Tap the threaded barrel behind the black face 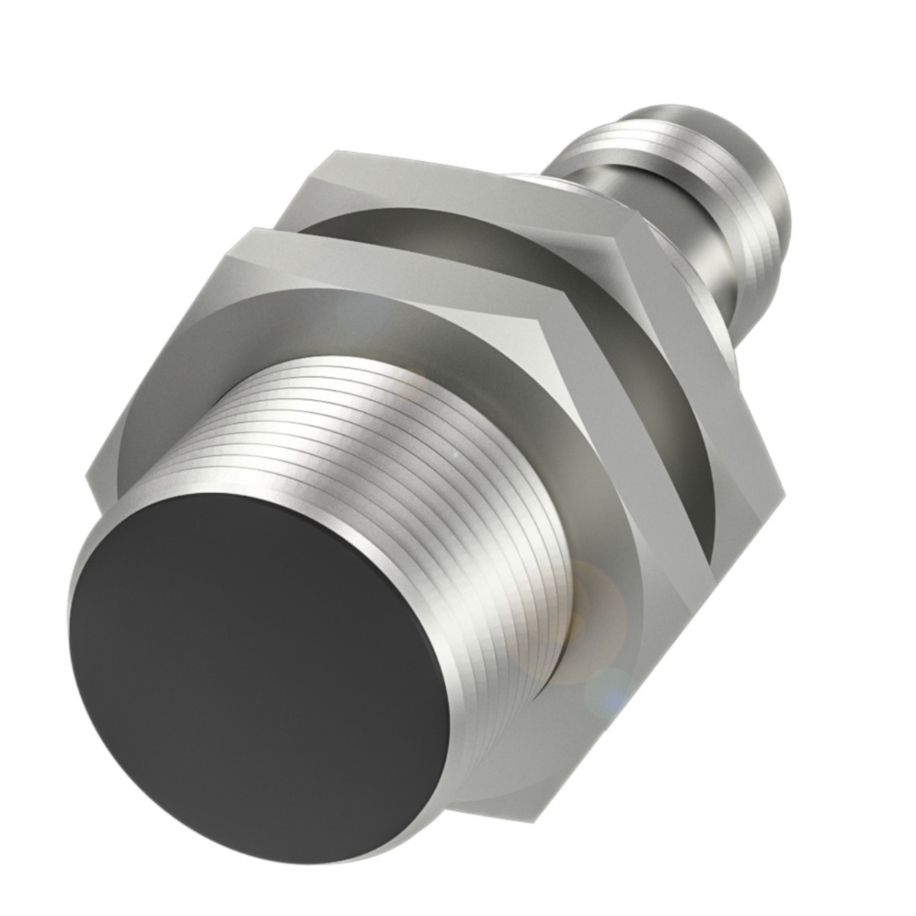[x=427, y=473]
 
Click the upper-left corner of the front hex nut [x=240, y=233]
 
